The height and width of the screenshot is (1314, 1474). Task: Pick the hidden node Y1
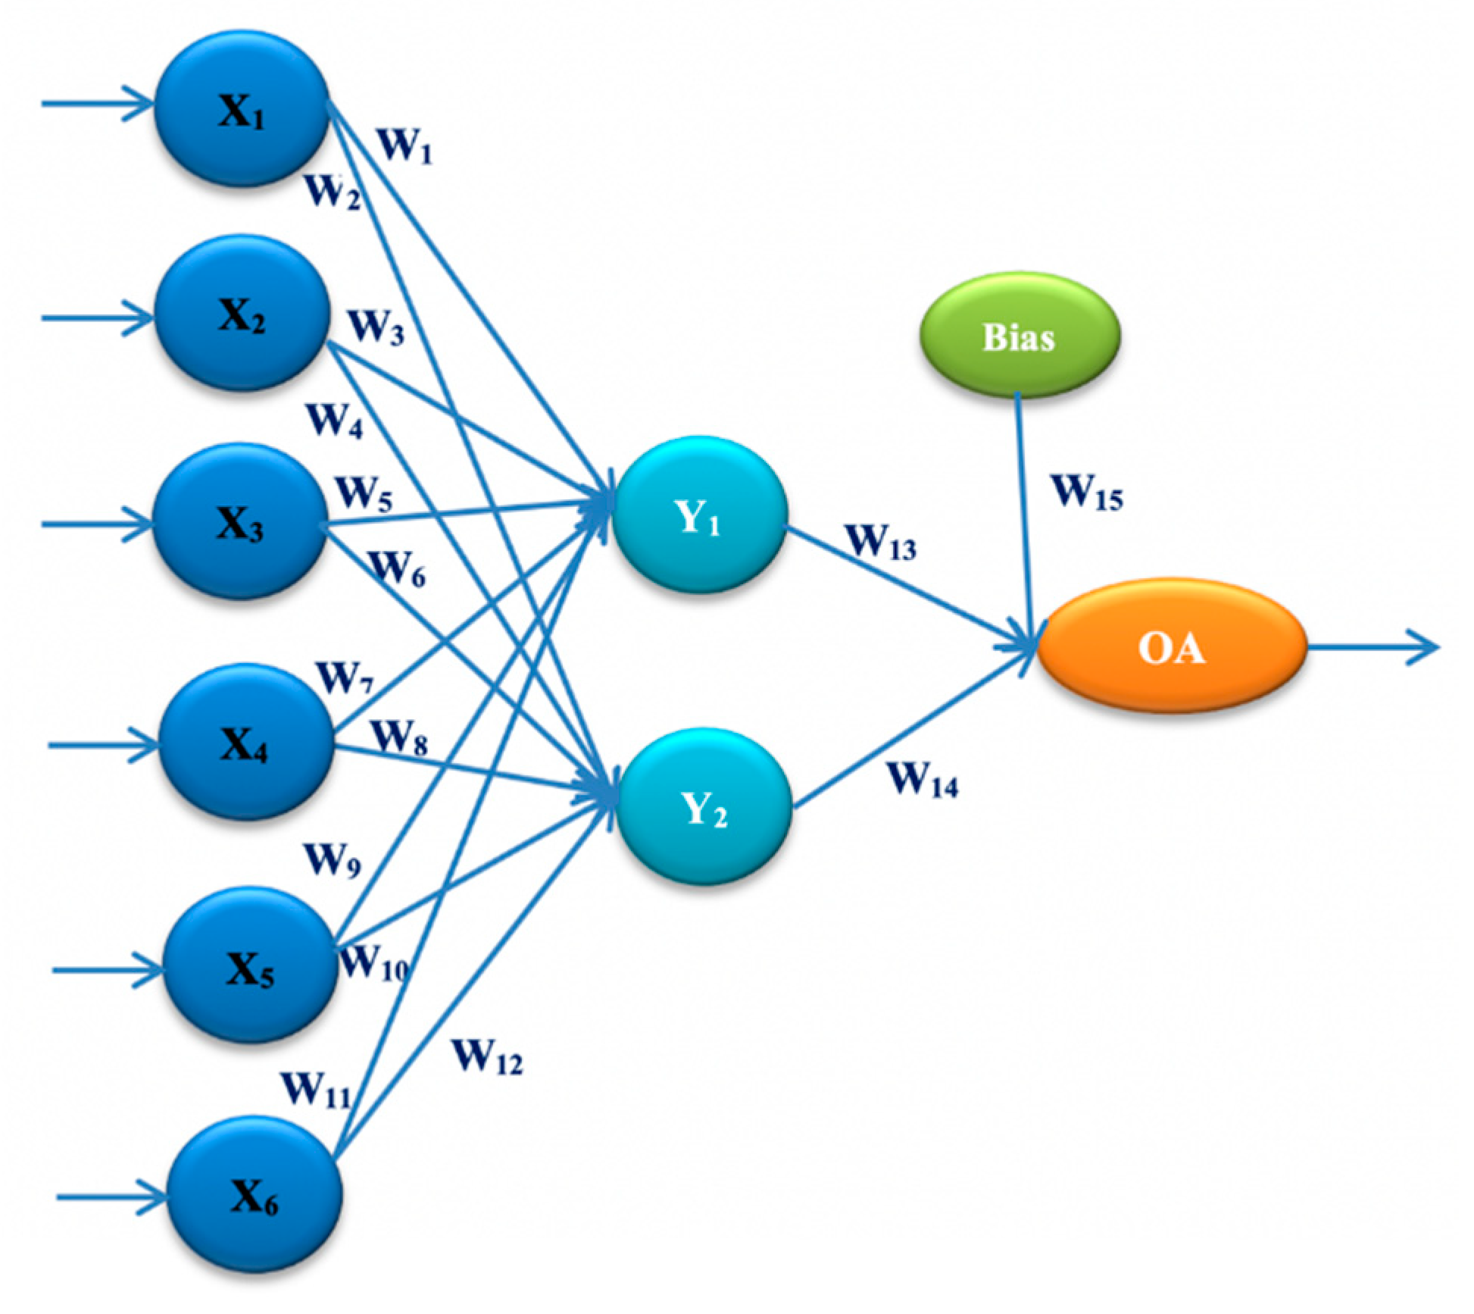click(699, 515)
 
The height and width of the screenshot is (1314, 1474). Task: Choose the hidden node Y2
click(704, 806)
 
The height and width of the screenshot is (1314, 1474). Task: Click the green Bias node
click(1020, 336)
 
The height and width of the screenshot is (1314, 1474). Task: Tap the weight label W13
click(881, 543)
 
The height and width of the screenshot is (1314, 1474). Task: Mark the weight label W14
click(923, 779)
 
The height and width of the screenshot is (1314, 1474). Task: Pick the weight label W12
click(487, 1056)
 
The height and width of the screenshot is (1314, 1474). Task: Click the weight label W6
click(397, 568)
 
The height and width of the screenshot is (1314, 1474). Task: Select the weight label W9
click(332, 860)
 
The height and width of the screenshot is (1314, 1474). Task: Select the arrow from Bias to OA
click(1023, 515)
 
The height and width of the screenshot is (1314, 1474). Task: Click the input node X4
click(245, 743)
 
